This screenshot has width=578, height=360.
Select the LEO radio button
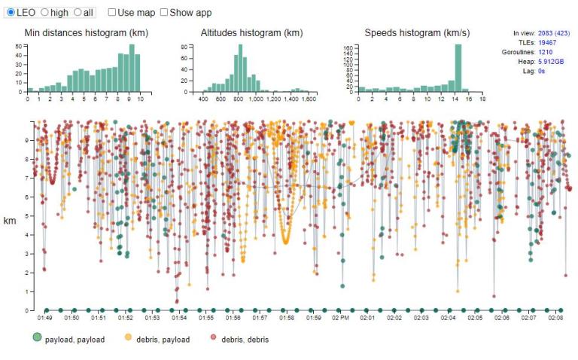pyautogui.click(x=11, y=12)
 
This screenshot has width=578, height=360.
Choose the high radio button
pyautogui.click(x=44, y=12)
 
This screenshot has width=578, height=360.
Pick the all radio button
pyautogui.click(x=78, y=12)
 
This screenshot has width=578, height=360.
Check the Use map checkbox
pyautogui.click(x=112, y=12)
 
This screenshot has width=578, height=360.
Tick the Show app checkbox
pyautogui.click(x=164, y=12)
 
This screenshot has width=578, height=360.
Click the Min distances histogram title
pyautogui.click(x=87, y=33)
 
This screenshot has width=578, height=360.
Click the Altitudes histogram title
pyautogui.click(x=252, y=33)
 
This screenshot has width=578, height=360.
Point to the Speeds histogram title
pyautogui.click(x=417, y=33)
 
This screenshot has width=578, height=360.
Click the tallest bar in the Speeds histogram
pyautogui.click(x=458, y=68)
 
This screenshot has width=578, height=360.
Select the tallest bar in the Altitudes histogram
pyautogui.click(x=240, y=68)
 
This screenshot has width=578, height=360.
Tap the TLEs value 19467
pyautogui.click(x=547, y=42)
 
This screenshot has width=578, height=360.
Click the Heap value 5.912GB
pyautogui.click(x=551, y=62)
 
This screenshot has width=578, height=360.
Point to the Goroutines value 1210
pyautogui.click(x=545, y=52)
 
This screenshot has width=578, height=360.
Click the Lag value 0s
pyautogui.click(x=541, y=71)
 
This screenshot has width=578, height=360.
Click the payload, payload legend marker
pyautogui.click(x=37, y=337)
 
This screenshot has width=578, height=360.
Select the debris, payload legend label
pyautogui.click(x=163, y=340)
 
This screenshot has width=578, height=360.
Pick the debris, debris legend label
pyautogui.click(x=245, y=340)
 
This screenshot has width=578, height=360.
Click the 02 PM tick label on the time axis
pyautogui.click(x=340, y=318)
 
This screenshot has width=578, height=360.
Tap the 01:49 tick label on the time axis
pyautogui.click(x=44, y=318)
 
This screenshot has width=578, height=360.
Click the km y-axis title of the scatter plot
pyautogui.click(x=10, y=221)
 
